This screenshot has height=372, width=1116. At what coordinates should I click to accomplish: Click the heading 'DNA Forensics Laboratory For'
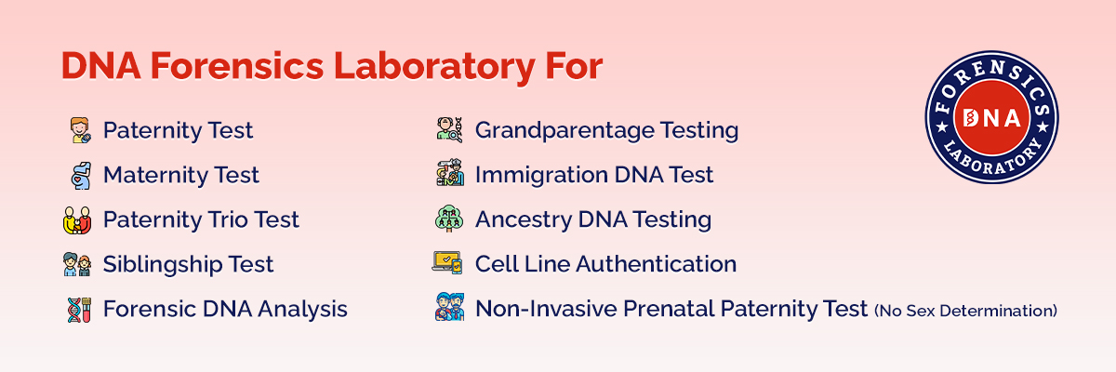click(x=331, y=68)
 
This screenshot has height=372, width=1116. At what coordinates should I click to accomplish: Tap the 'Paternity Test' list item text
click(x=178, y=130)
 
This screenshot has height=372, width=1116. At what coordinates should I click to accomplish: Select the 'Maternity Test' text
click(x=180, y=175)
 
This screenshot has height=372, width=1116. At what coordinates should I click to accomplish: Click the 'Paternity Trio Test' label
click(x=201, y=219)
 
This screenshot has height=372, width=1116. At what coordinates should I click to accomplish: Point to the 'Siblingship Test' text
click(x=188, y=264)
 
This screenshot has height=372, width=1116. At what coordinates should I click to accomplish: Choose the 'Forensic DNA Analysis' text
click(x=225, y=309)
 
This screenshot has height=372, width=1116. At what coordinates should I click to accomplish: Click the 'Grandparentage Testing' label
click(x=606, y=130)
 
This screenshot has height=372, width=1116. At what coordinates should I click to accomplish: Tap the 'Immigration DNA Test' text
click(x=594, y=175)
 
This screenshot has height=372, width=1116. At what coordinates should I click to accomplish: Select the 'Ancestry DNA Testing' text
click(x=593, y=219)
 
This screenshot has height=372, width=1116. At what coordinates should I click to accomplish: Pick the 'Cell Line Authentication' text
click(x=605, y=264)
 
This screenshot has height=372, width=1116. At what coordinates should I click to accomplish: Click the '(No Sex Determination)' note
click(x=965, y=311)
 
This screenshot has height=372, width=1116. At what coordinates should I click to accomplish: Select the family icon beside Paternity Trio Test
click(x=77, y=220)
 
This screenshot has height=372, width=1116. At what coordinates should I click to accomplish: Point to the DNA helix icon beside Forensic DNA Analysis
click(x=77, y=309)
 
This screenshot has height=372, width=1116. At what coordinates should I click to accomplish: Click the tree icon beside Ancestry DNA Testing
click(x=448, y=219)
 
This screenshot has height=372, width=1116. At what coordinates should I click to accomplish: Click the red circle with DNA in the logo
click(x=991, y=117)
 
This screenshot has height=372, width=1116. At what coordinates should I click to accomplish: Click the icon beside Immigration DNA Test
click(x=448, y=175)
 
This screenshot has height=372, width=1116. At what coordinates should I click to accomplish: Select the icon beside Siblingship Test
click(x=77, y=265)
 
